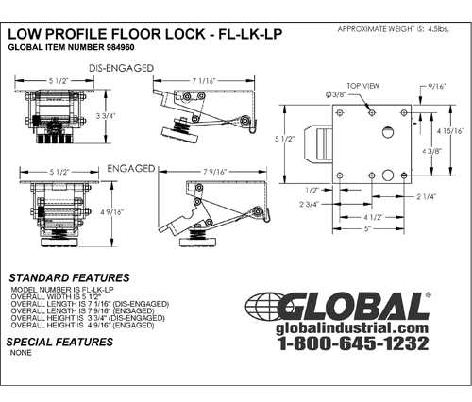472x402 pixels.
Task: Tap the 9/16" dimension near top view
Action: [436, 89]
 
